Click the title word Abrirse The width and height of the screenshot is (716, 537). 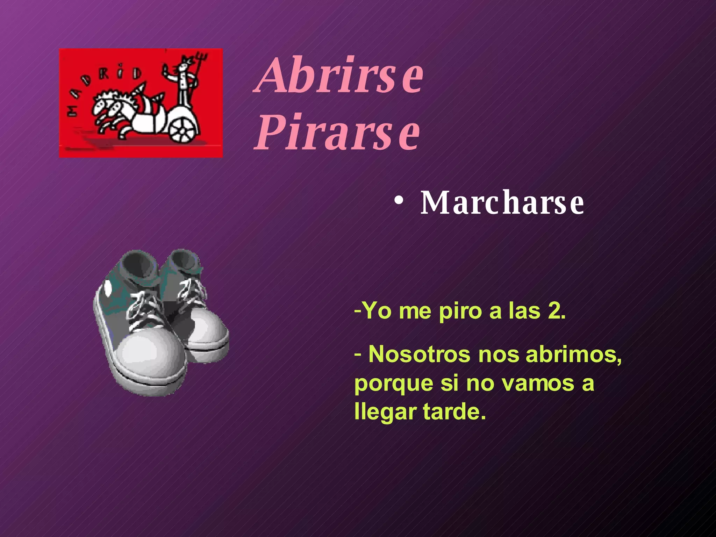[340, 76]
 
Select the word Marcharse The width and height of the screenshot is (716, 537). [502, 203]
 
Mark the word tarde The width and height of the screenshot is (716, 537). [454, 411]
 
